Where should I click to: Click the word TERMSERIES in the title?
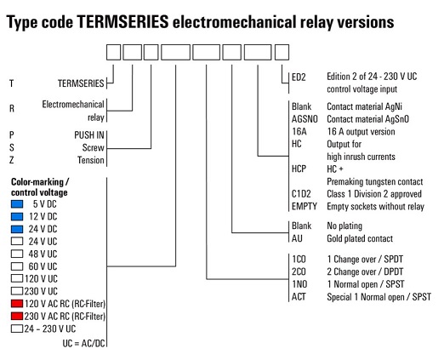[x=123, y=22]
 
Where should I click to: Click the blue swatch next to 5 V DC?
[x=17, y=204]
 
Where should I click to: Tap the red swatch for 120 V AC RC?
[x=17, y=304]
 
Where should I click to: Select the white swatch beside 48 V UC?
[x=17, y=254]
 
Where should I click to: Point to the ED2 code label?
[x=299, y=77]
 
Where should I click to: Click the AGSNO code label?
[x=305, y=119]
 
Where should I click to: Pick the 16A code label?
[x=299, y=132]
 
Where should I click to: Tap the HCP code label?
[x=299, y=169]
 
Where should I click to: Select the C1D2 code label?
[x=301, y=194]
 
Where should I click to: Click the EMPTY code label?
[x=305, y=207]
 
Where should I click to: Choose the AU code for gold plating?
[x=297, y=238]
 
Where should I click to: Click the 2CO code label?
[x=299, y=271]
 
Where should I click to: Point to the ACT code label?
[x=299, y=297]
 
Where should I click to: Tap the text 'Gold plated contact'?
[x=360, y=238]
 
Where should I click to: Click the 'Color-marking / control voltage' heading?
[x=40, y=187]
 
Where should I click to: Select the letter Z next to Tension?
[x=11, y=160]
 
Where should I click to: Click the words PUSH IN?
[x=89, y=135]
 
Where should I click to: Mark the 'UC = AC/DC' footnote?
[x=83, y=344]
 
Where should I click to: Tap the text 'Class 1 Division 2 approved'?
[x=374, y=194]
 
